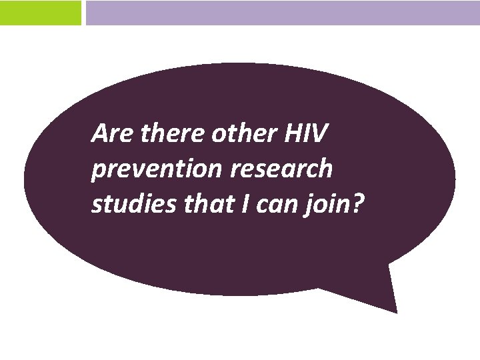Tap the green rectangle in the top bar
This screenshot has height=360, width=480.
tap(40, 13)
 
